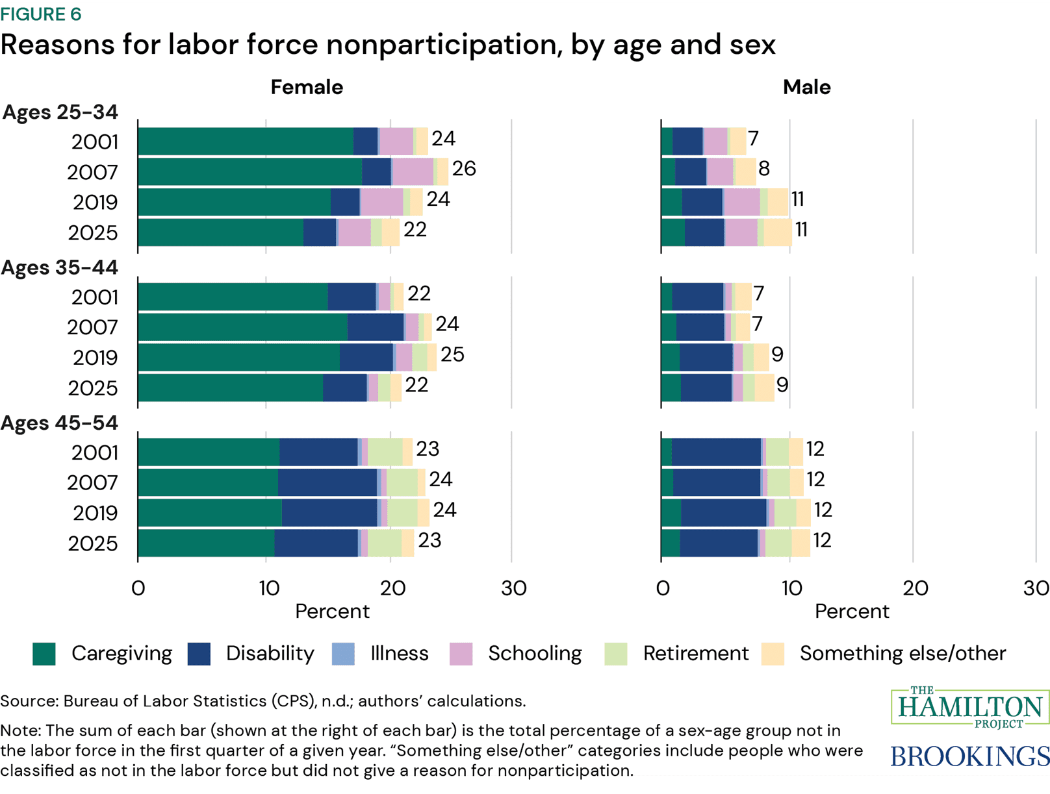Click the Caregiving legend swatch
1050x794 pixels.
pyautogui.click(x=44, y=654)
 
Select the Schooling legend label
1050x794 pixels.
pyautogui.click(x=535, y=653)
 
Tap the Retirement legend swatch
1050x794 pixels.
pyautogui.click(x=615, y=654)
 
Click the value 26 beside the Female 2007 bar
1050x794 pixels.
pyautogui.click(x=464, y=169)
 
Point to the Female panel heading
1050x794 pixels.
pyautogui.click(x=307, y=87)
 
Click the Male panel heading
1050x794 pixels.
pyautogui.click(x=806, y=87)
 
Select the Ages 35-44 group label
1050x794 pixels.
pyautogui.click(x=60, y=267)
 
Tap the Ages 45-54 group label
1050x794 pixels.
pyautogui.click(x=60, y=423)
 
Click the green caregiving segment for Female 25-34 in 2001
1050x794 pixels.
pyautogui.click(x=246, y=142)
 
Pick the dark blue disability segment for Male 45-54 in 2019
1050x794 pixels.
pyautogui.click(x=723, y=513)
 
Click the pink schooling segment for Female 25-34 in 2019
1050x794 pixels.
pyautogui.click(x=382, y=202)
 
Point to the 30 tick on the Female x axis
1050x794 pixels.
pyautogui.click(x=513, y=588)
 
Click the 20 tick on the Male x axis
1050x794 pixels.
pyautogui.click(x=915, y=588)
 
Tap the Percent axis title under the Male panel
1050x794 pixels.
pyautogui.click(x=851, y=612)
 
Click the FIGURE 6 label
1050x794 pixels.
pyautogui.click(x=41, y=14)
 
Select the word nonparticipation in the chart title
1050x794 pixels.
pyautogui.click(x=444, y=45)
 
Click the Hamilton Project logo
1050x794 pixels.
pyautogui.click(x=970, y=707)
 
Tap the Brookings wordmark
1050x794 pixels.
pyautogui.click(x=969, y=756)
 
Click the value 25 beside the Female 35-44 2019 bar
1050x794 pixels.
pyautogui.click(x=452, y=354)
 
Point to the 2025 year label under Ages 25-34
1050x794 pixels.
pyautogui.click(x=93, y=232)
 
